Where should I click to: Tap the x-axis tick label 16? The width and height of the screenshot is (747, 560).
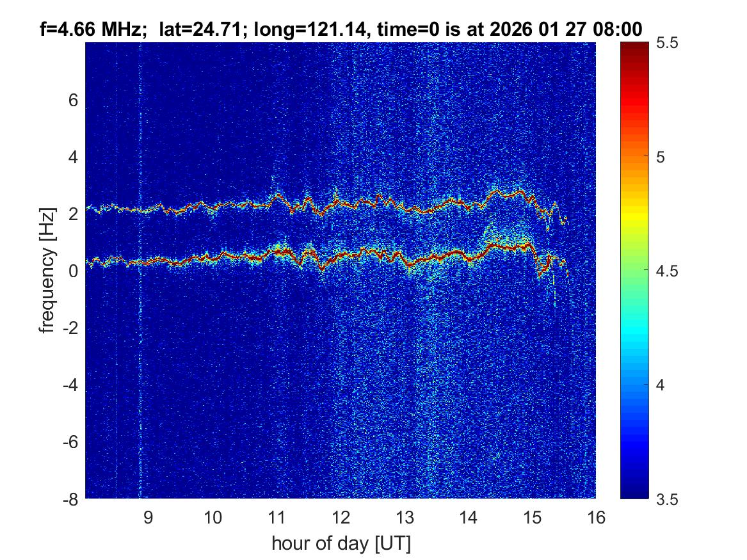pyautogui.click(x=596, y=517)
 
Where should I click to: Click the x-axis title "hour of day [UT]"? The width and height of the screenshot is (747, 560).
pyautogui.click(x=341, y=543)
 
